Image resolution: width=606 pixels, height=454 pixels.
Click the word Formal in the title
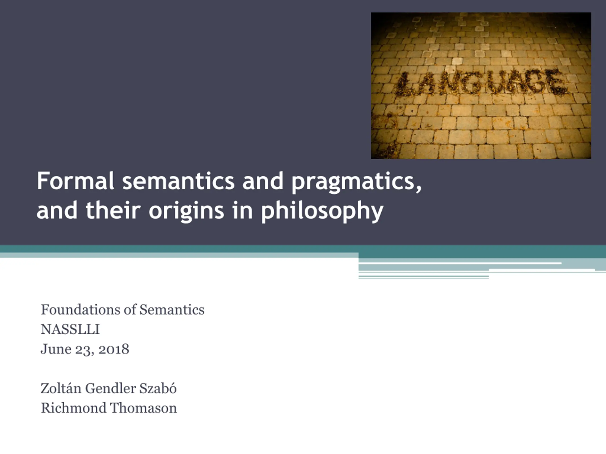tap(75, 181)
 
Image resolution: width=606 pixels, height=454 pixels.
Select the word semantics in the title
tap(178, 181)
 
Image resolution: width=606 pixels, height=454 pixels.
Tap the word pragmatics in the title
tap(353, 183)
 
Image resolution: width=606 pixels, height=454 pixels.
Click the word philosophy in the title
tap(322, 211)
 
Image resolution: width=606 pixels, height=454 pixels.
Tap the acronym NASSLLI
tap(70, 329)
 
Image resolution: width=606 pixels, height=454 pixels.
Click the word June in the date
tap(56, 349)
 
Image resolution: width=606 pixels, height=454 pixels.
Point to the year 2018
tap(114, 349)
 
